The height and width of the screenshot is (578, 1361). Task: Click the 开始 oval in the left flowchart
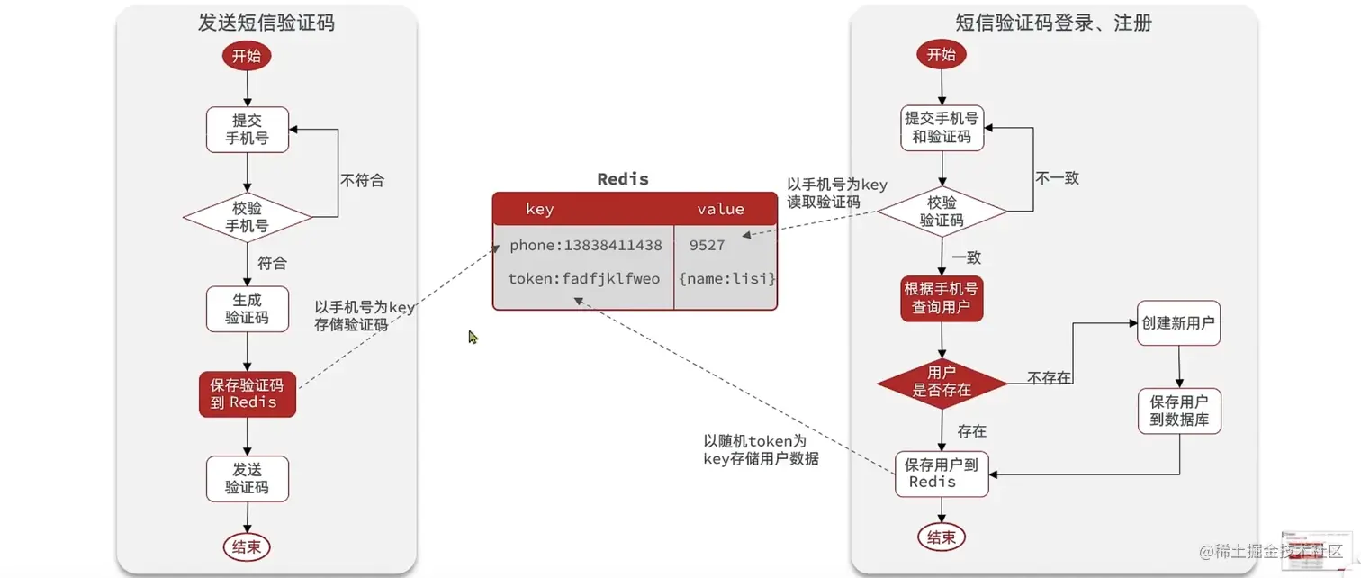click(x=247, y=56)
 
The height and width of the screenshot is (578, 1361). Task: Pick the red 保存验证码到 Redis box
click(x=247, y=393)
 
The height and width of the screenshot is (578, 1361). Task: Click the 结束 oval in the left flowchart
click(x=247, y=546)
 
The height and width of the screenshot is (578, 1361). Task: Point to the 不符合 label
click(x=362, y=180)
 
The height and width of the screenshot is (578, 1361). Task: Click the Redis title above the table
click(x=623, y=178)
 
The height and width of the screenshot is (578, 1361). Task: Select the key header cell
click(x=539, y=209)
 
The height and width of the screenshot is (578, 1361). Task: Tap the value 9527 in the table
click(x=707, y=245)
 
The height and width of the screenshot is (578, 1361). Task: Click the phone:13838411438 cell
click(x=585, y=245)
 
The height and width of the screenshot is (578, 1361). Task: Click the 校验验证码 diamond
click(x=942, y=212)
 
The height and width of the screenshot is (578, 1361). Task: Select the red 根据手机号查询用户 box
click(x=942, y=299)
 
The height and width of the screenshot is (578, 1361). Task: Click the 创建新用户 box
click(x=1178, y=323)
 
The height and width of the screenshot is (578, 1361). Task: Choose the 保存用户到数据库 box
click(x=1178, y=411)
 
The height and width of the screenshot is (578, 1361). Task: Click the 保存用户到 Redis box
click(x=942, y=474)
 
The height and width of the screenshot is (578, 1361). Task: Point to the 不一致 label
click(x=1057, y=178)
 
